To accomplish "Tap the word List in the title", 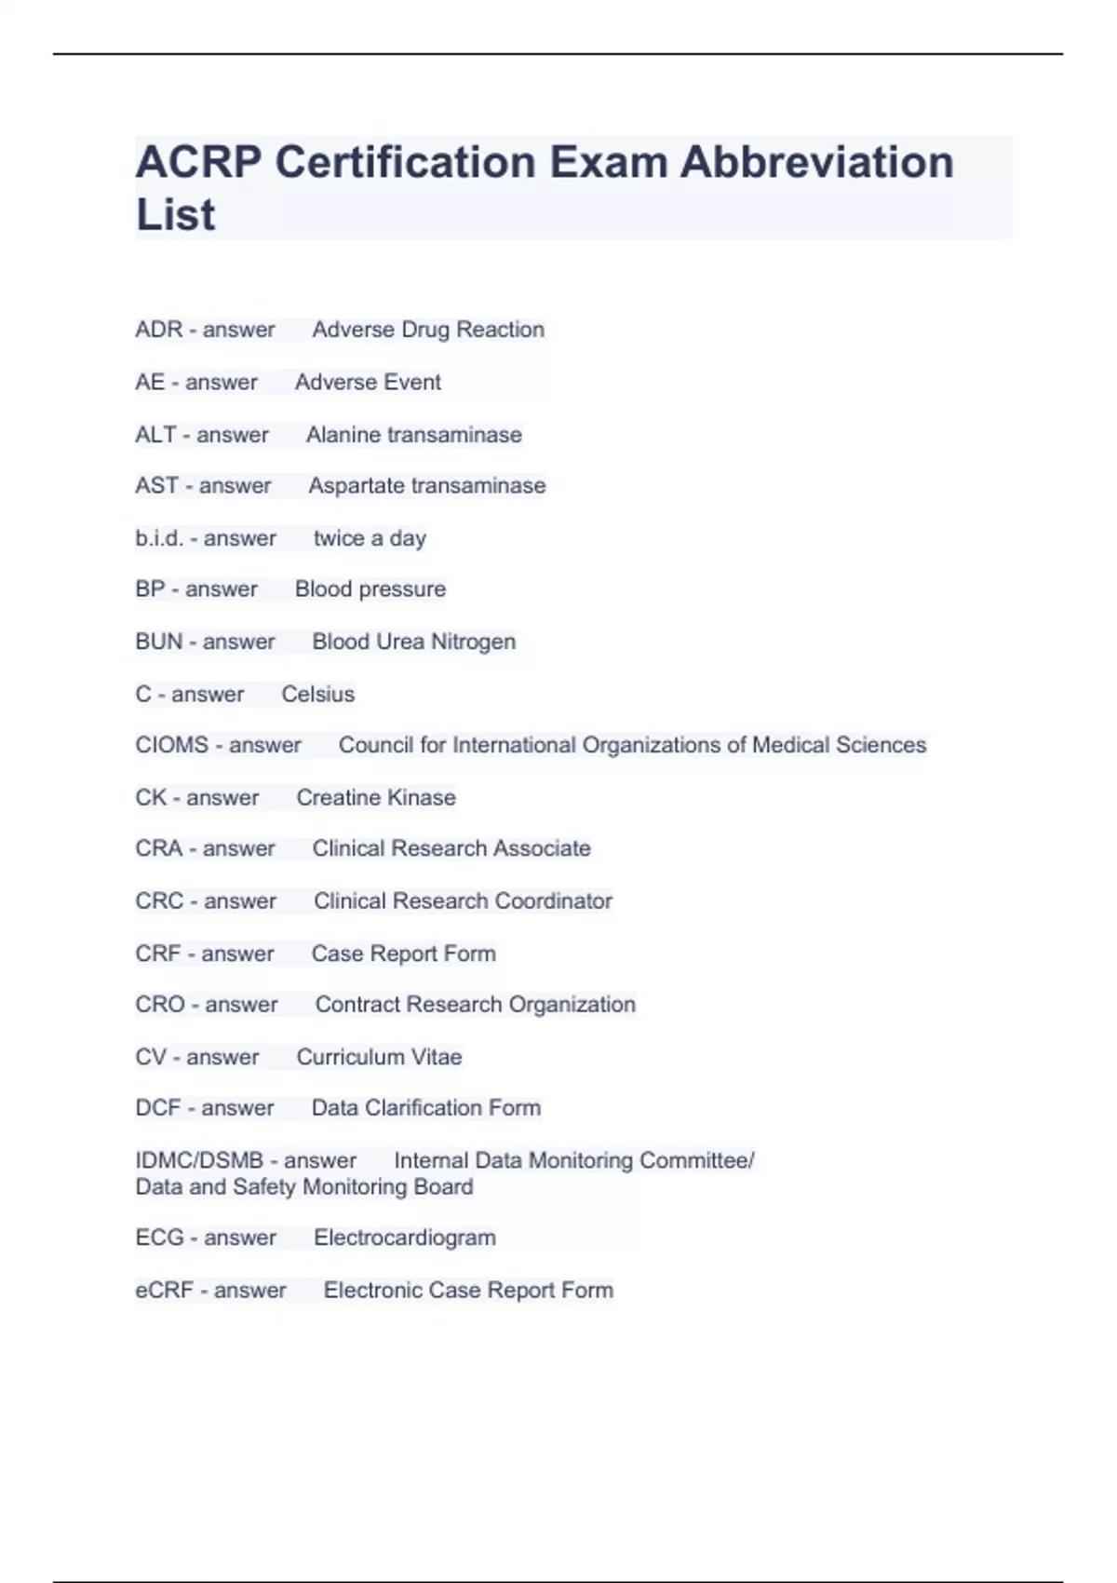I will click(175, 215).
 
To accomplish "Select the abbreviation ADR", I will click(158, 330).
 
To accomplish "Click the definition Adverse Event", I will click(368, 382).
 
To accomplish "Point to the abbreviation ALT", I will click(155, 435).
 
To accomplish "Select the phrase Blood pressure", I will click(370, 589).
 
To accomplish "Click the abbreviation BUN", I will click(158, 642).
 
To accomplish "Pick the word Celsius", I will click(317, 695).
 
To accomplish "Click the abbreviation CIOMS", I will click(172, 745).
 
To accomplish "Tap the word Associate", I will click(542, 848).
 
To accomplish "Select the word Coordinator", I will click(554, 901).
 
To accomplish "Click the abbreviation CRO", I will click(160, 1005).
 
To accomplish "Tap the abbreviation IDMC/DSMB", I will click(199, 1161).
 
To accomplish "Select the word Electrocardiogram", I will click(405, 1238).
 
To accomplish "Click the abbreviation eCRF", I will click(164, 1291).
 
